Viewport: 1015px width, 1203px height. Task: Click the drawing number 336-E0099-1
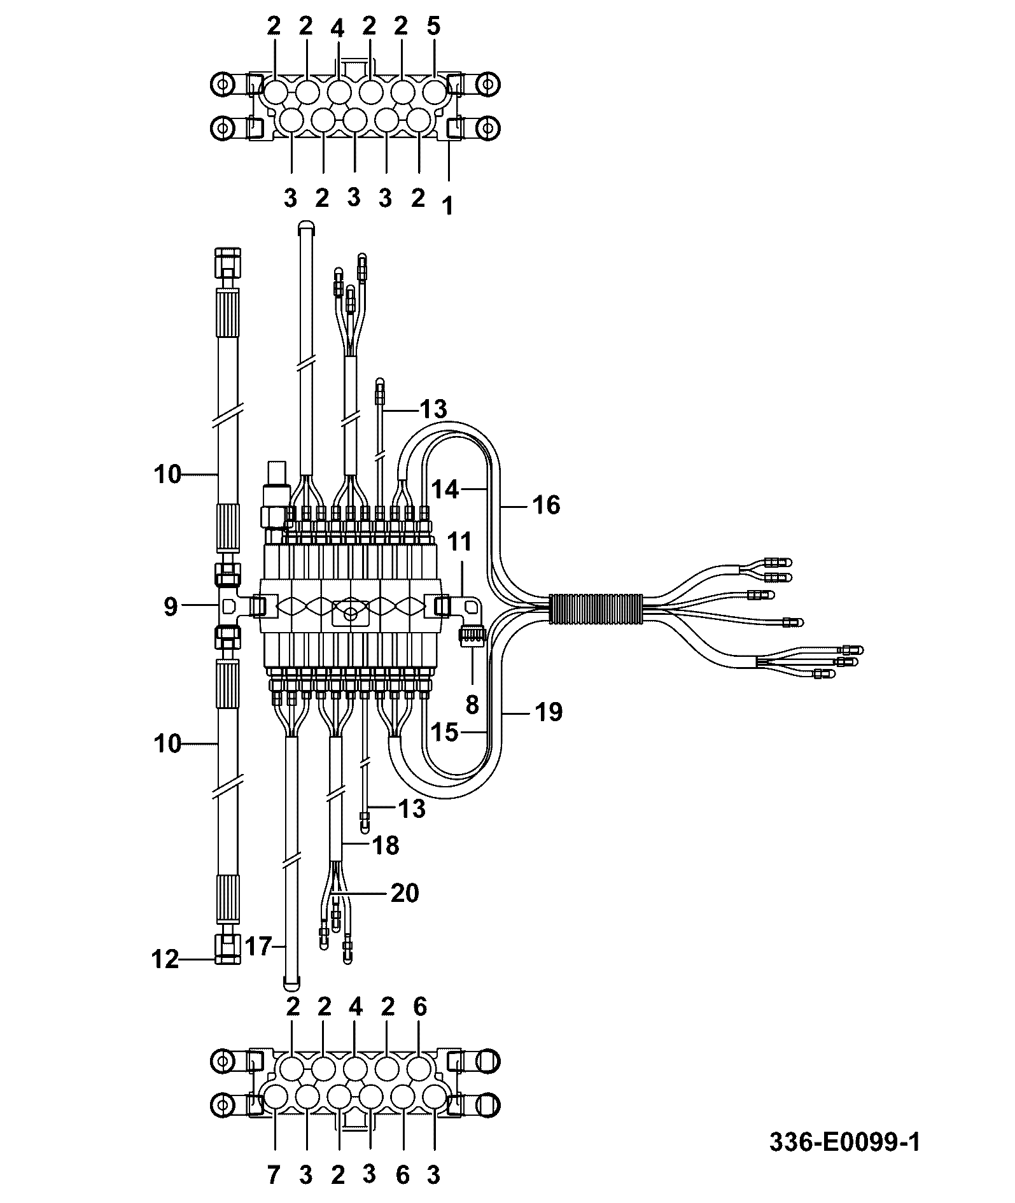[x=844, y=1141]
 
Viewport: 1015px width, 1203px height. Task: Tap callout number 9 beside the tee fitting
[x=170, y=607]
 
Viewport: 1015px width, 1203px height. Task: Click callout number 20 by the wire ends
[x=405, y=893]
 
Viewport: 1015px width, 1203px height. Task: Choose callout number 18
[x=386, y=845]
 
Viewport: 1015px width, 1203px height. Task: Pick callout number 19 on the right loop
[x=549, y=712]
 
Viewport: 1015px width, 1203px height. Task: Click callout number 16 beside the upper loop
[x=546, y=505]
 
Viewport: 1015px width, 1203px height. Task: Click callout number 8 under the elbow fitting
[x=472, y=705]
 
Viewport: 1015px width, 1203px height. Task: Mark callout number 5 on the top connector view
[x=433, y=27]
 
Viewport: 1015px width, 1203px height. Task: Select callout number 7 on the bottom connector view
[x=274, y=1176]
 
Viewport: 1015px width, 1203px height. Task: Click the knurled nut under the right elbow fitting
[x=472, y=637]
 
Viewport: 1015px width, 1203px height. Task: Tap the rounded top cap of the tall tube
[x=306, y=225]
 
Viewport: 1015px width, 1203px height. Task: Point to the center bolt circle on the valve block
[x=349, y=615]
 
